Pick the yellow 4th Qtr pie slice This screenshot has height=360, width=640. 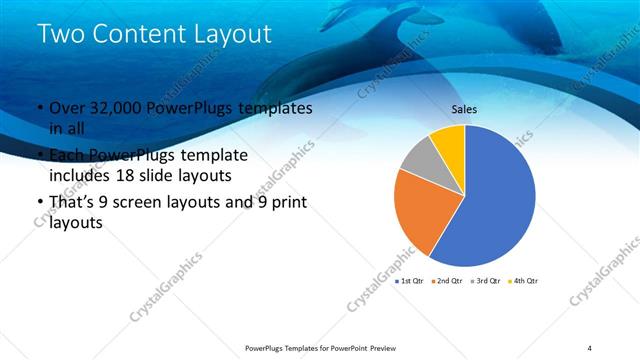450,141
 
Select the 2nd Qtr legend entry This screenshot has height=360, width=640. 448,281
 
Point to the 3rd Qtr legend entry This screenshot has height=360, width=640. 487,281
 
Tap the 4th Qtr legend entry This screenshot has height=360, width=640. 525,281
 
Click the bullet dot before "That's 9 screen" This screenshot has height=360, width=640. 39,204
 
